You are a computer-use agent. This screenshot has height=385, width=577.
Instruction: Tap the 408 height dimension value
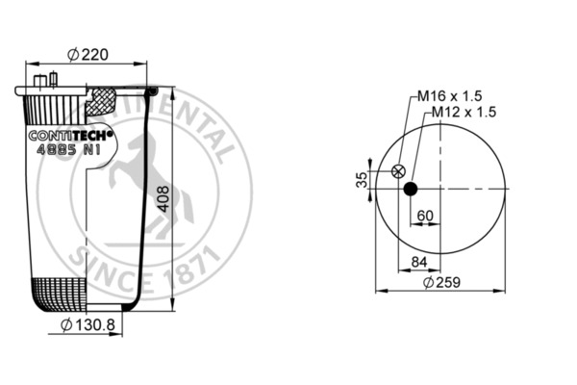(163, 199)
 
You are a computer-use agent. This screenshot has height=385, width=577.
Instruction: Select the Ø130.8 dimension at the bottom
(88, 325)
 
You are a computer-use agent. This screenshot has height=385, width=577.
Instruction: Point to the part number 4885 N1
(67, 150)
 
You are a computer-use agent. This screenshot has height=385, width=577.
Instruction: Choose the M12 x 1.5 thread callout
(463, 112)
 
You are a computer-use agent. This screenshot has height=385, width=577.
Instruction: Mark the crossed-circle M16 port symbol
(397, 171)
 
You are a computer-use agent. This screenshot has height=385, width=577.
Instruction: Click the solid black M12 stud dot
(411, 189)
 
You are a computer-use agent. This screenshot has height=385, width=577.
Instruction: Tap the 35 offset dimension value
(362, 180)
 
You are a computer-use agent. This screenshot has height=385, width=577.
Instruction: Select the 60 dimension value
(425, 215)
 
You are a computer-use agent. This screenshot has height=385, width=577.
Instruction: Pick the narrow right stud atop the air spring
(53, 79)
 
